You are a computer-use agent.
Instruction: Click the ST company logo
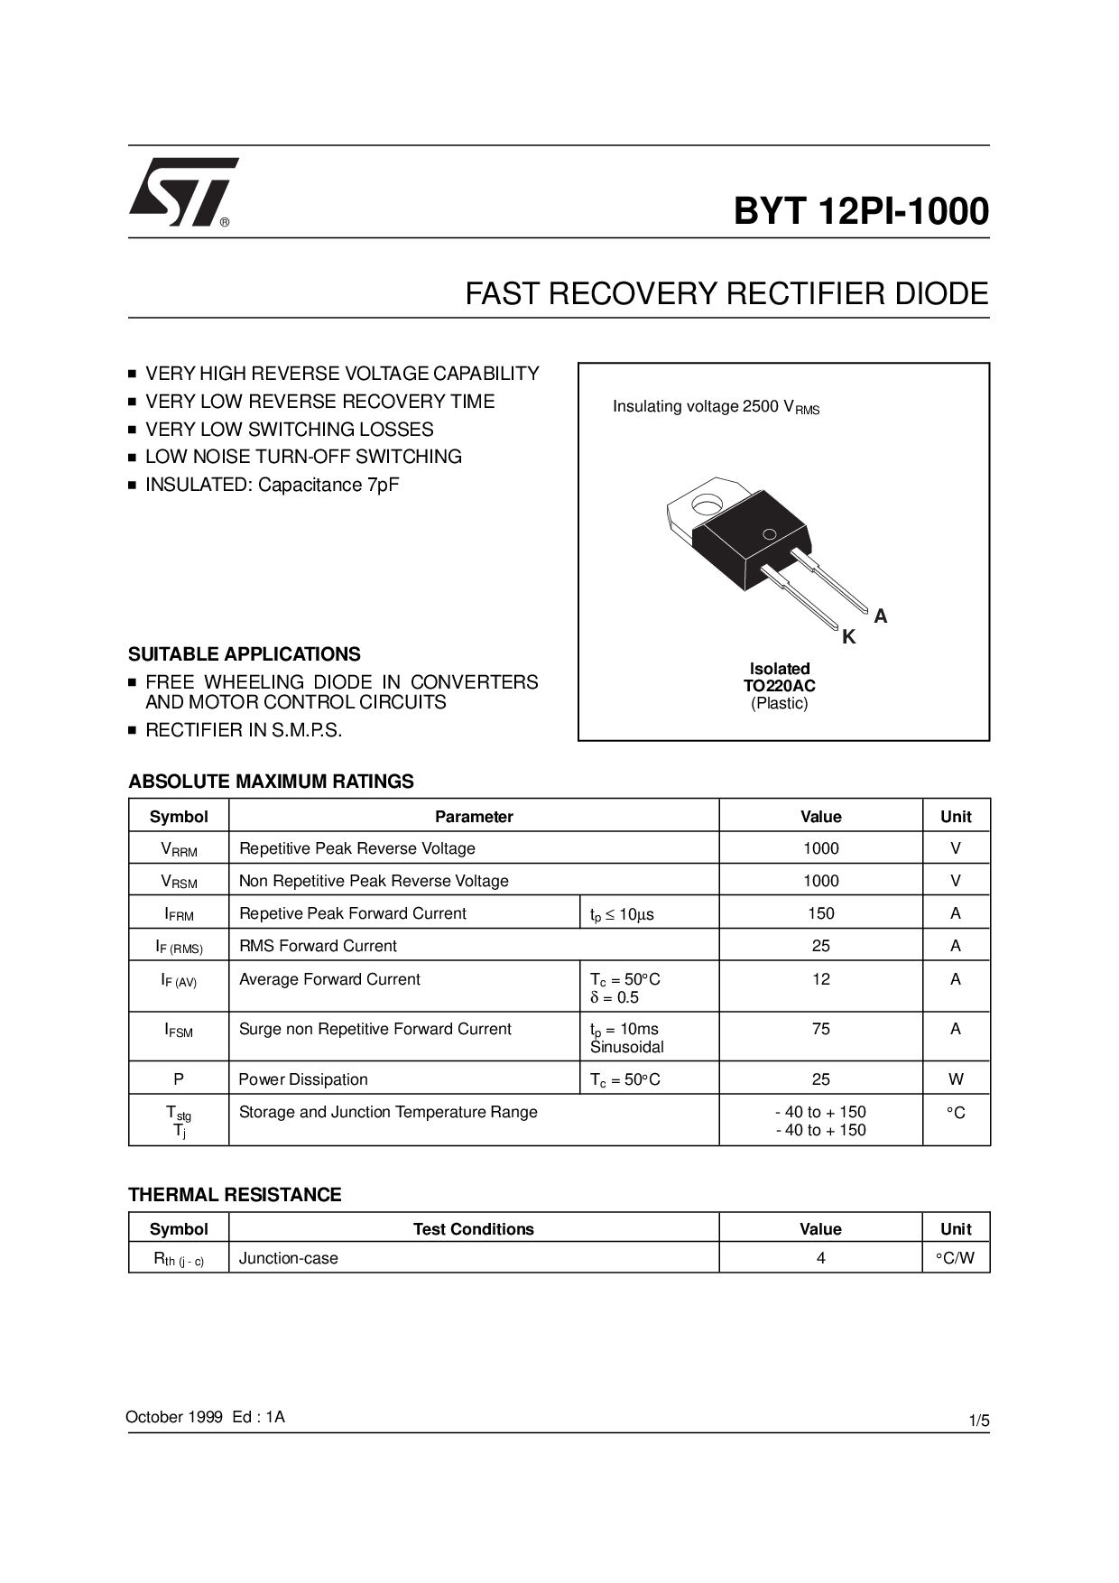[x=183, y=192]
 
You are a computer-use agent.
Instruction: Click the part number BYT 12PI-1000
[x=861, y=211]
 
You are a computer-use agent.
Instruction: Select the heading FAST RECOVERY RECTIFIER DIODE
[x=726, y=294]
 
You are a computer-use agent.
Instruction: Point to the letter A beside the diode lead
[x=881, y=616]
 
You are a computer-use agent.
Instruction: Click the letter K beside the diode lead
[x=848, y=638]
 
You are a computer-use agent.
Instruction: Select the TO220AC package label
[x=780, y=686]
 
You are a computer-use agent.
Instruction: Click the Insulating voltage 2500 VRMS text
[x=716, y=407]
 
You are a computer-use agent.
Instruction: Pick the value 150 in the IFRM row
[x=820, y=913]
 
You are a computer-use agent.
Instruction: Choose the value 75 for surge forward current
[x=820, y=1029]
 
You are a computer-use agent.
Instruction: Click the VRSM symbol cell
[x=179, y=882]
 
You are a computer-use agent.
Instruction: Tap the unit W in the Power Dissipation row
[x=956, y=1079]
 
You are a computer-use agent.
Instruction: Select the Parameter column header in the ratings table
[x=474, y=817]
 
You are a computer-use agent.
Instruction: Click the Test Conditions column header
[x=474, y=1229]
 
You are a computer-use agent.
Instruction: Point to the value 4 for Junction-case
[x=820, y=1258]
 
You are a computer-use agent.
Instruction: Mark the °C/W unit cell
[x=956, y=1258]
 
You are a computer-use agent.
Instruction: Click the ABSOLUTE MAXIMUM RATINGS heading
[x=271, y=782]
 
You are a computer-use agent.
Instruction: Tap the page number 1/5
[x=979, y=1421]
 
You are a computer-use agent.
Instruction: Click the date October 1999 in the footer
[x=174, y=1417]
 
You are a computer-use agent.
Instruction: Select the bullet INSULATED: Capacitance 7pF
[x=272, y=485]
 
